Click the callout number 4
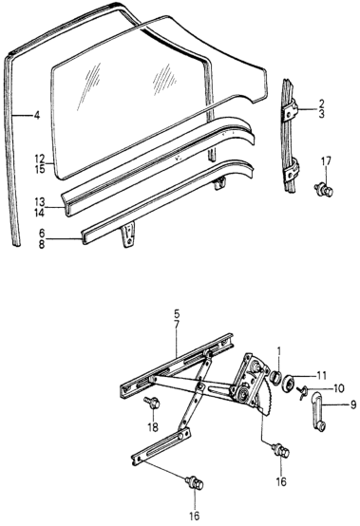tap(37, 116)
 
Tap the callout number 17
tap(326, 161)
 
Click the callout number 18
tap(153, 427)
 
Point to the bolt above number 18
tap(152, 402)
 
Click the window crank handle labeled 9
tap(317, 412)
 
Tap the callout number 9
tap(353, 405)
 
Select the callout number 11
tap(321, 375)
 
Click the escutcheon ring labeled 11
tap(288, 383)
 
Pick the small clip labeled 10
tap(302, 390)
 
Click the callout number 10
tap(338, 388)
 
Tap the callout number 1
tap(278, 351)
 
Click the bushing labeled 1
tap(275, 377)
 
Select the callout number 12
tap(39, 158)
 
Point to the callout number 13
tap(39, 202)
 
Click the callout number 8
tap(41, 245)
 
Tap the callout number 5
tap(177, 314)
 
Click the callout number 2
tap(321, 103)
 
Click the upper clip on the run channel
tap(291, 109)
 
